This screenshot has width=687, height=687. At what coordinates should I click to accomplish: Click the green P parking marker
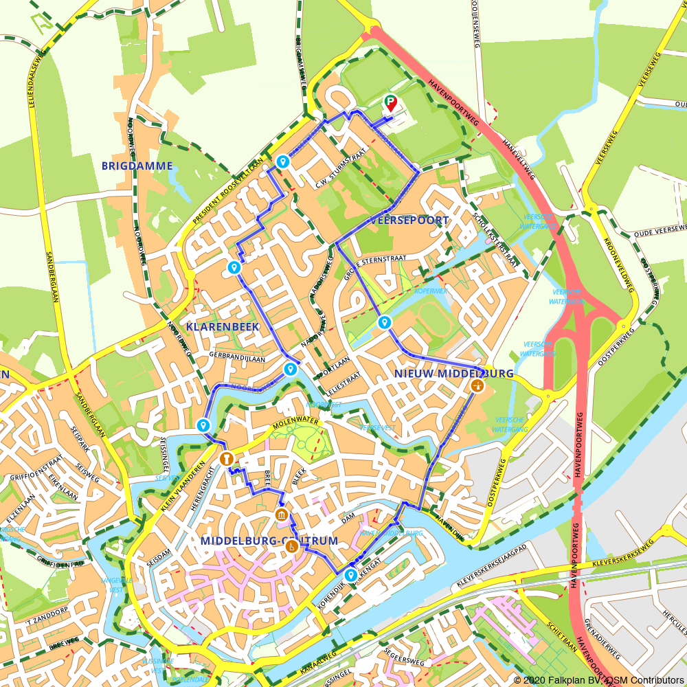point(390,103)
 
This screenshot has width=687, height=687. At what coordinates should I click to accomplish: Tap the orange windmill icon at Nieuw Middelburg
point(476,385)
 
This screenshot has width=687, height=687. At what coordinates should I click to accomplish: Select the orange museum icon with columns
point(281,515)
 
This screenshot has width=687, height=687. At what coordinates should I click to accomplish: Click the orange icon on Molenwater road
point(226,458)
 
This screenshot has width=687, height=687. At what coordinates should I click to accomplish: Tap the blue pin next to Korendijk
point(351,574)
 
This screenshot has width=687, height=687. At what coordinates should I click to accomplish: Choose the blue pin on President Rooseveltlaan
point(282,161)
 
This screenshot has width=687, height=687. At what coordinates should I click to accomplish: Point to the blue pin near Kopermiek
point(384,322)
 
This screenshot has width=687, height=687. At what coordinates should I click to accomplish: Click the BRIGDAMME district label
point(137,166)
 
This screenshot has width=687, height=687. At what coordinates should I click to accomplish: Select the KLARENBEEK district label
point(223,327)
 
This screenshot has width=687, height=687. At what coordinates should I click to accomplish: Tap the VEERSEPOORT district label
point(409,221)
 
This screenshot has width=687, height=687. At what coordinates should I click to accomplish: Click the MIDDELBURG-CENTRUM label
point(269,541)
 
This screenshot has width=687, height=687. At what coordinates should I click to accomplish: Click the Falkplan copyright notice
point(598,679)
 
